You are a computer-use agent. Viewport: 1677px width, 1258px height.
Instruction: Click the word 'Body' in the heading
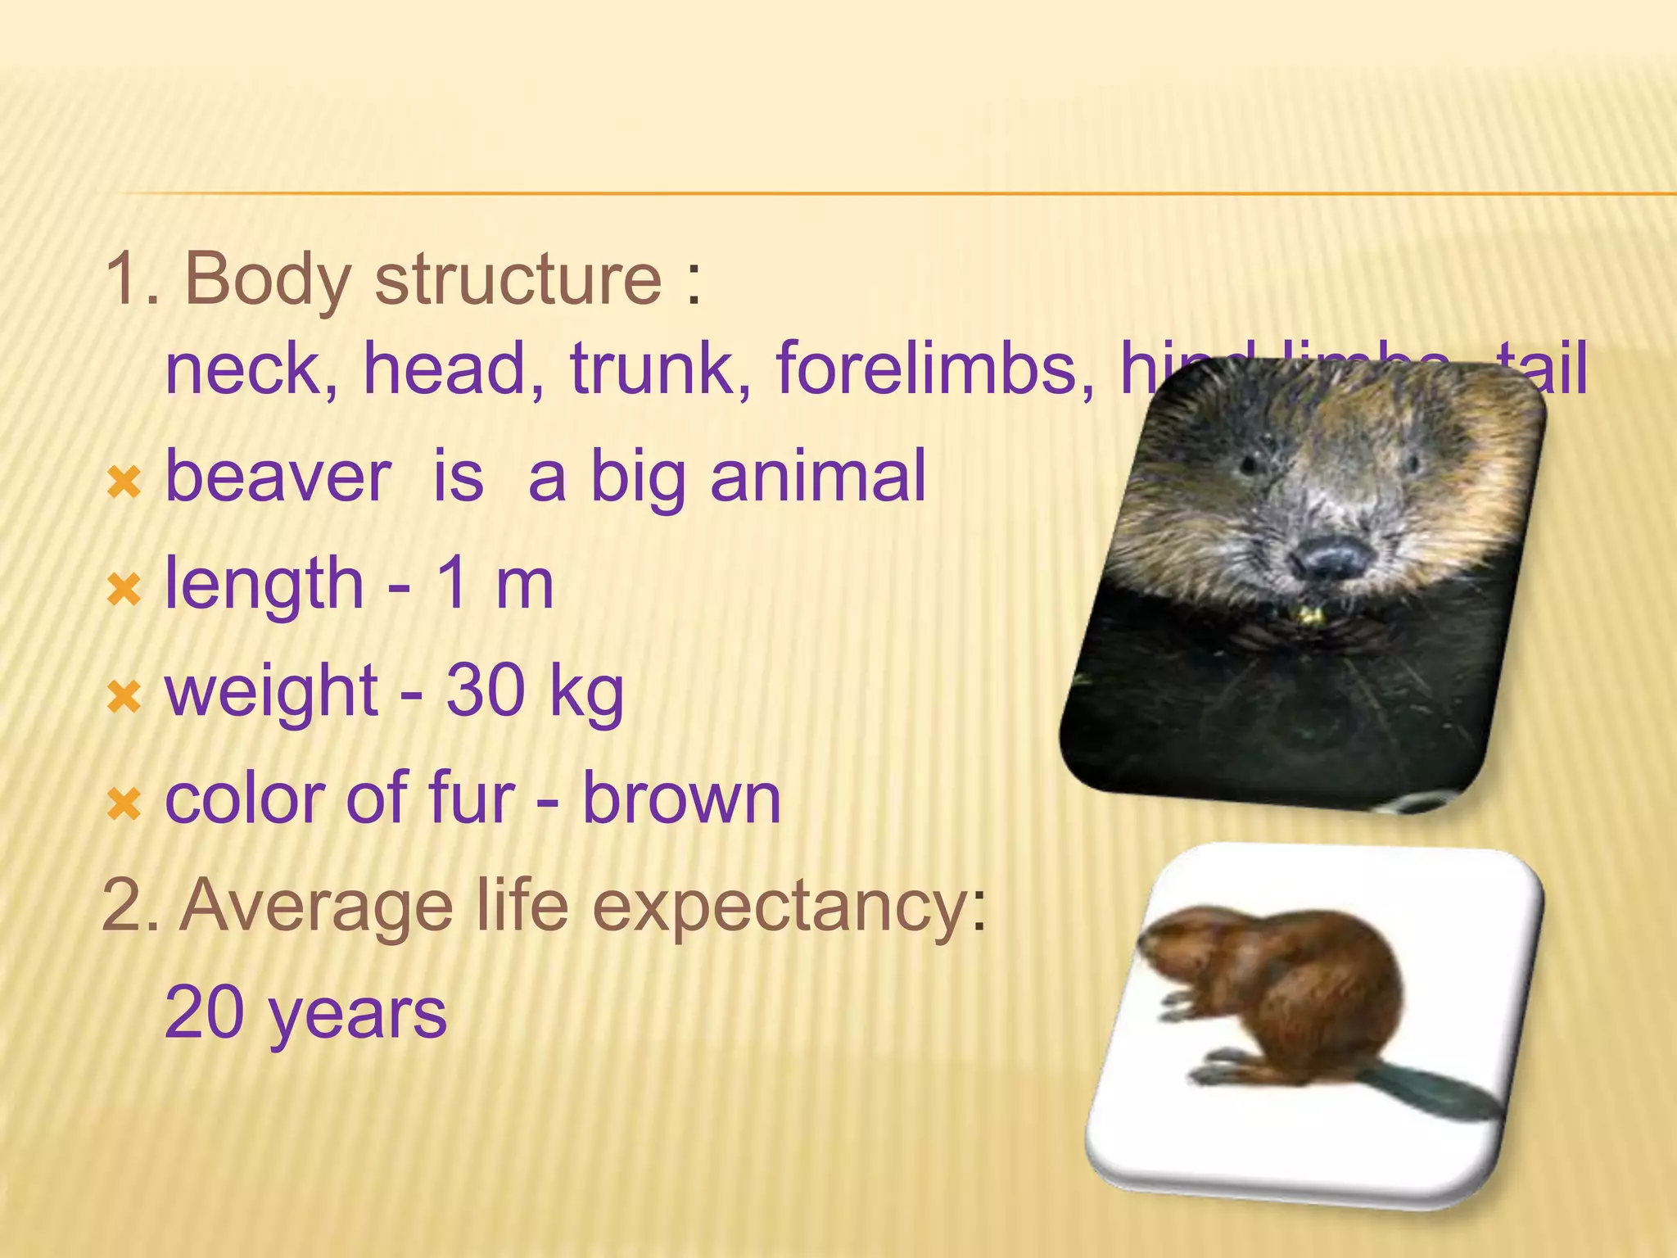[x=267, y=280]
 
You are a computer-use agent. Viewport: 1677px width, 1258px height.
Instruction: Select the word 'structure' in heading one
[x=518, y=280]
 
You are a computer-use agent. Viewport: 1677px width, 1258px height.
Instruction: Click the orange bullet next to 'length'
[x=124, y=589]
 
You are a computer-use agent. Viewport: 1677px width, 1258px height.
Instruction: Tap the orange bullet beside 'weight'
[x=124, y=697]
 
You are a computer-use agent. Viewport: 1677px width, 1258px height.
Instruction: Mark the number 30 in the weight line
[x=485, y=691]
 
